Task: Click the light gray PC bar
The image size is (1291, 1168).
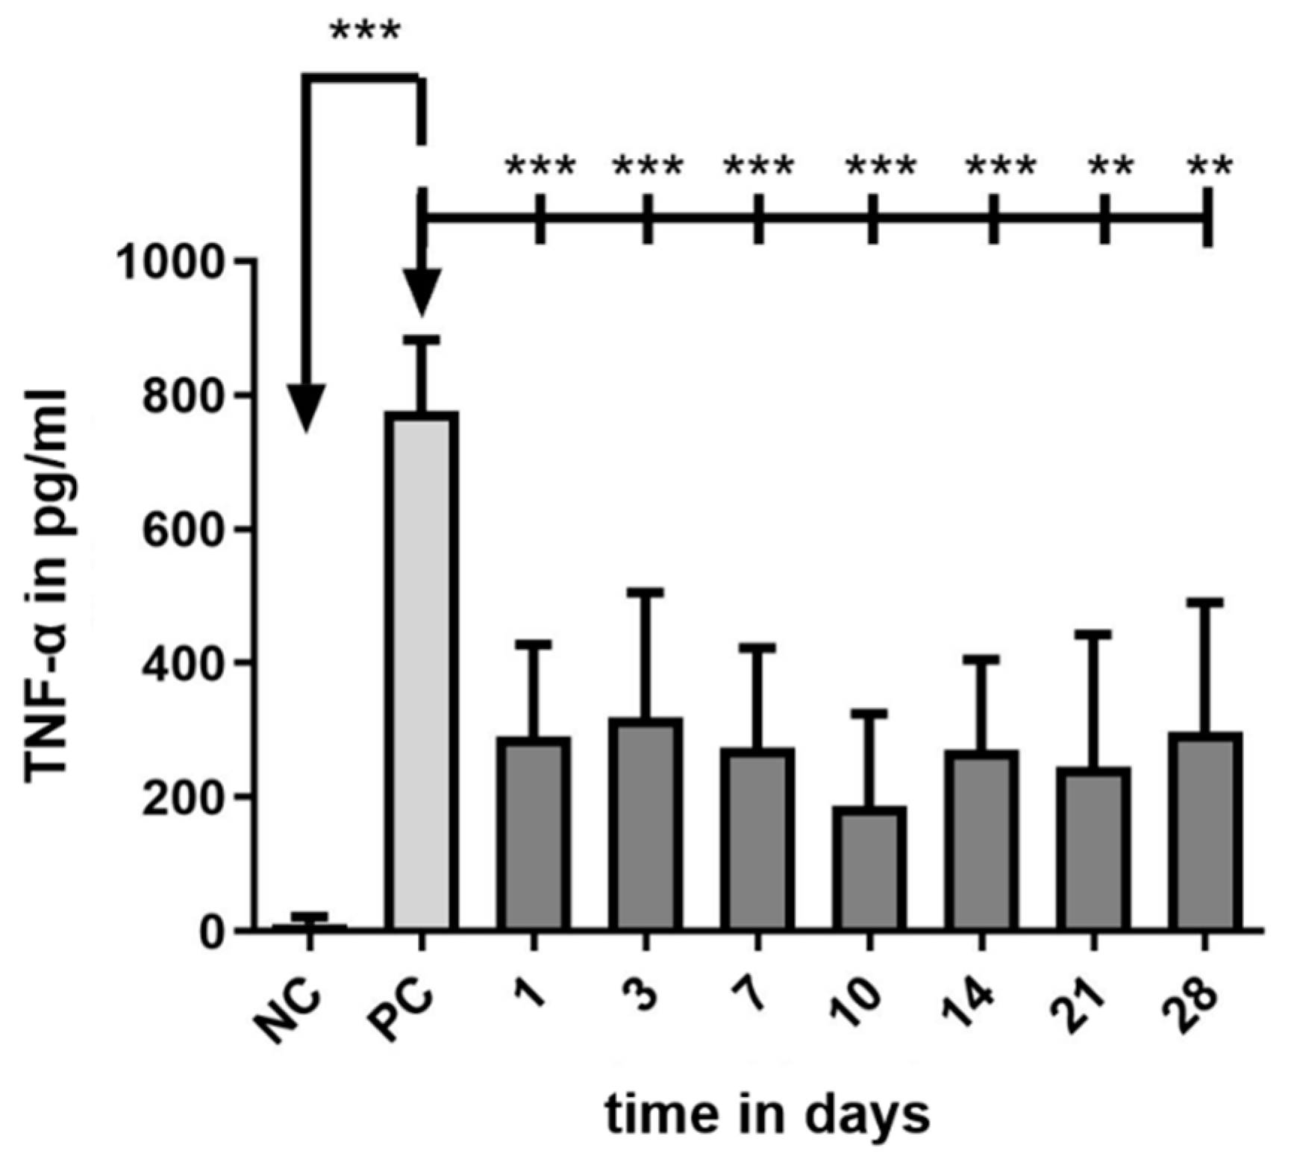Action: point(422,671)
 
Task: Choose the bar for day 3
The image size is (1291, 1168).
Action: point(645,824)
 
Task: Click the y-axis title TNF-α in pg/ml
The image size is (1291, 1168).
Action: point(46,585)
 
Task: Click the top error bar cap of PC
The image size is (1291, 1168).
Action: point(422,340)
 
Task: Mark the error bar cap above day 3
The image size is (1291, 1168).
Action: point(646,593)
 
